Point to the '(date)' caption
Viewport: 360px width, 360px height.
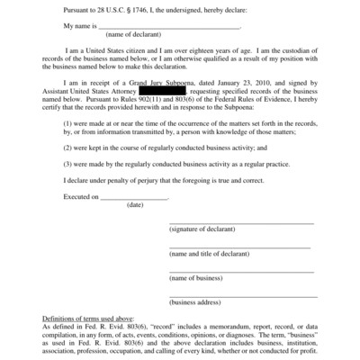(135, 205)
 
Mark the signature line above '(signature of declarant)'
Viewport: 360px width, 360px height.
(241, 222)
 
